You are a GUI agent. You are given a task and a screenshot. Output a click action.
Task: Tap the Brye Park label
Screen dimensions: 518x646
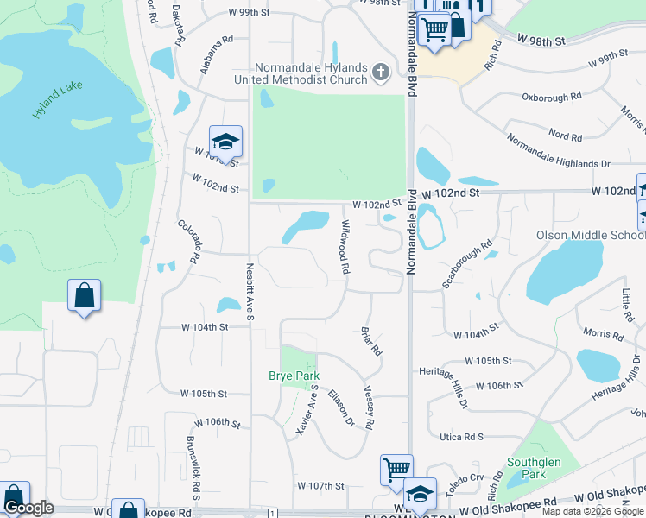294,376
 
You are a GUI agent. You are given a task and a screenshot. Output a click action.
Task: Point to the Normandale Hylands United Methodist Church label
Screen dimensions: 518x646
311,74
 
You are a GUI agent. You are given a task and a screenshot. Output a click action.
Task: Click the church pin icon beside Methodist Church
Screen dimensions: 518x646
380,74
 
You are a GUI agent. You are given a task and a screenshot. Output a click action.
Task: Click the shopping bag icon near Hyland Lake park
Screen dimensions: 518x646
84,295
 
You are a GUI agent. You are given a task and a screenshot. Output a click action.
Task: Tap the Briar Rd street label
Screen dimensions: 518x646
371,341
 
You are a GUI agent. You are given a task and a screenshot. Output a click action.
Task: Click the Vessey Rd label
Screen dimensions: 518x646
369,407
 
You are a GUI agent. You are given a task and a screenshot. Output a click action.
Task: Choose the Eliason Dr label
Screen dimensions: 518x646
342,407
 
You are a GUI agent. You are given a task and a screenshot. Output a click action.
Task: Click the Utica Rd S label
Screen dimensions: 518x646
461,438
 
